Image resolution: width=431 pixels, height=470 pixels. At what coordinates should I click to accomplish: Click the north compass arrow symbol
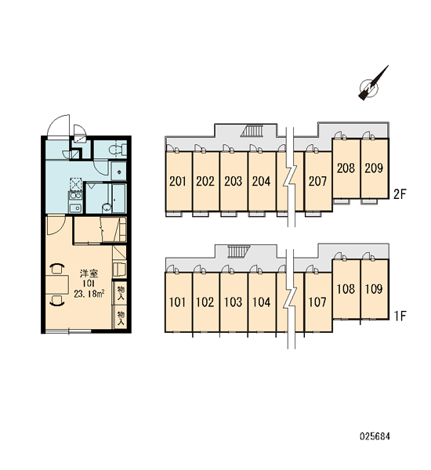371,85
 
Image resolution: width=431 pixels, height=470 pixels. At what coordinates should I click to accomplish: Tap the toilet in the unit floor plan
117,149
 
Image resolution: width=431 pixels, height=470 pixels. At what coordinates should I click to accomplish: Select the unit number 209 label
374,168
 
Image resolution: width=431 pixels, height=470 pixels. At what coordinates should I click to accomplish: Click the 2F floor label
400,194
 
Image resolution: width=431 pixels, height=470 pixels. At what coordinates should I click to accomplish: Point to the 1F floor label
400,316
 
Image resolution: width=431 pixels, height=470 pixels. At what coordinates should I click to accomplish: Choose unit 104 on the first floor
262,302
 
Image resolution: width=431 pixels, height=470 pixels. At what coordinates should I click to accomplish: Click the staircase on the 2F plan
252,131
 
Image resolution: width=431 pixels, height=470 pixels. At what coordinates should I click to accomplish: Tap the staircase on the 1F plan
239,251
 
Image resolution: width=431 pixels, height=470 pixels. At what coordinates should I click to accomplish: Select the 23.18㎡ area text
89,294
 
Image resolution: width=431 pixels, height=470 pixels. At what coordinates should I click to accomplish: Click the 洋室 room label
89,273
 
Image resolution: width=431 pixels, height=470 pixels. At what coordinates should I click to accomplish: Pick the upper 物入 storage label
121,293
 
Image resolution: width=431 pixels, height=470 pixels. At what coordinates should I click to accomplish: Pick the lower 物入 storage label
121,318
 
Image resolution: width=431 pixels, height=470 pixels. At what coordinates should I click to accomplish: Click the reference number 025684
375,436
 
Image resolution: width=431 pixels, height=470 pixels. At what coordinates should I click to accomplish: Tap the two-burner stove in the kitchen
75,196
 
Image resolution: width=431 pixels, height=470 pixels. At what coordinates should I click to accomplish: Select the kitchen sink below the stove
75,208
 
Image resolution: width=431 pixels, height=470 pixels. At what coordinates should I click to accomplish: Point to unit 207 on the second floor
318,182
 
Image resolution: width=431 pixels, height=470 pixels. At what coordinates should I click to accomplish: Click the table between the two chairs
57,284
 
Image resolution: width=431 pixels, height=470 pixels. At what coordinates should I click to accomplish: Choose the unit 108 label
346,289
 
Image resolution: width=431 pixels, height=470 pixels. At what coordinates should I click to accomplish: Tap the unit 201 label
178,182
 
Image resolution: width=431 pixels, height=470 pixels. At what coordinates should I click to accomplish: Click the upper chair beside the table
56,269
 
